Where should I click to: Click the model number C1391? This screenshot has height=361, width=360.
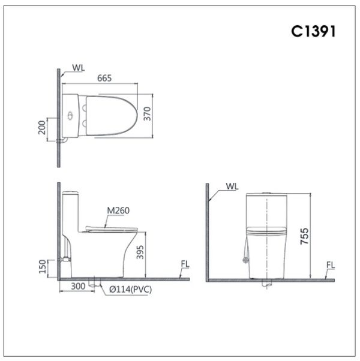pyautogui.click(x=313, y=31)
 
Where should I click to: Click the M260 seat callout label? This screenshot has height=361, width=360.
pyautogui.click(x=118, y=210)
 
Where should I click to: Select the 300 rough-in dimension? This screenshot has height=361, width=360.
pyautogui.click(x=77, y=287)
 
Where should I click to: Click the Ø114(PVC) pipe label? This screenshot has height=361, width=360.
pyautogui.click(x=127, y=290)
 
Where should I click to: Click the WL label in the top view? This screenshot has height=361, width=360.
pyautogui.click(x=79, y=68)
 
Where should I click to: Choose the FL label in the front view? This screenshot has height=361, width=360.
pyautogui.click(x=331, y=264)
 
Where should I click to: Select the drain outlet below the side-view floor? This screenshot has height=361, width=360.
pyautogui.click(x=93, y=282)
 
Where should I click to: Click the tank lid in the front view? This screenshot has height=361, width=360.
pyautogui.click(x=265, y=195)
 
